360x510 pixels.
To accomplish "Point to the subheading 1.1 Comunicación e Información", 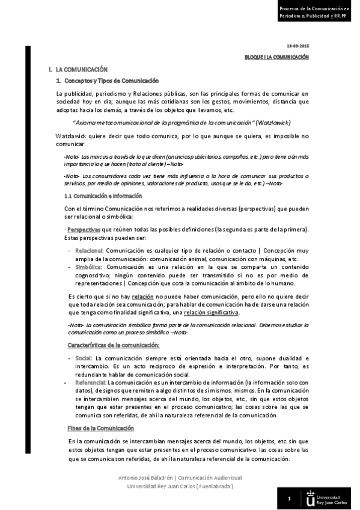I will [x=103, y=196].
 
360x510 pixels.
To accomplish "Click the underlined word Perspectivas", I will [x=84, y=230].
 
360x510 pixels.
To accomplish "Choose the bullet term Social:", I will [x=83, y=358].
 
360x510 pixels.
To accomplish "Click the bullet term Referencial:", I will [x=90, y=382].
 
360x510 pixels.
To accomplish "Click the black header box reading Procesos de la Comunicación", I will [x=314, y=12].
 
